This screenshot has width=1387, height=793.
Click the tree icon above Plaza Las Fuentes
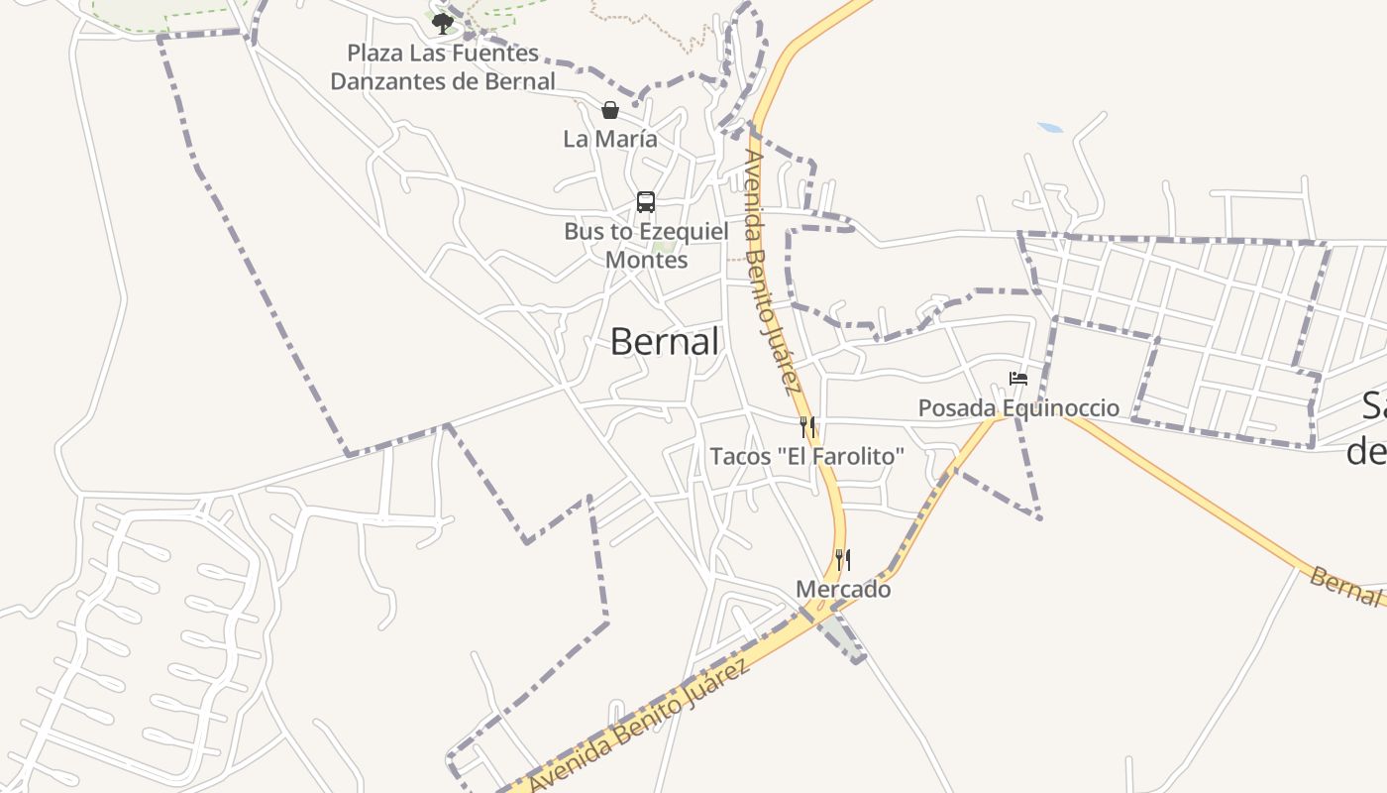pos(442,23)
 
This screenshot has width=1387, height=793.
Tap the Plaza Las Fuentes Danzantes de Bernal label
pos(443,67)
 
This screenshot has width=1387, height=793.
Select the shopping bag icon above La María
pos(610,109)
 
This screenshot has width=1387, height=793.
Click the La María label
pos(610,139)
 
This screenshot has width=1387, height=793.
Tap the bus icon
pos(646,202)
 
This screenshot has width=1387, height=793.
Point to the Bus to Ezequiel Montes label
pos(646,245)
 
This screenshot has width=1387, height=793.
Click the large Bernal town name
pos(664,342)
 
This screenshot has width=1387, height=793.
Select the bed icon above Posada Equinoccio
pos(1017,378)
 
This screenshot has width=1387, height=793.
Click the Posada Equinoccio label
pos(1018,407)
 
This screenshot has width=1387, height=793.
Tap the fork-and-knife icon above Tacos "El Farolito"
pos(807,427)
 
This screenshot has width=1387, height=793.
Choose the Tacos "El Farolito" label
pos(807,456)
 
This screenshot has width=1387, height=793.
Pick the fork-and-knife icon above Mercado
pos(843,560)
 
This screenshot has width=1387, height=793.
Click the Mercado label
pos(843,590)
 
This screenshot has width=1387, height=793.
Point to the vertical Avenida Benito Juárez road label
pos(772,273)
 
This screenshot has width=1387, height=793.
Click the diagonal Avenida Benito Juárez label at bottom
pos(639,727)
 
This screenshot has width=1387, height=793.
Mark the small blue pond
pos(1050,128)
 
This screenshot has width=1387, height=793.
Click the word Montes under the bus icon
pos(646,260)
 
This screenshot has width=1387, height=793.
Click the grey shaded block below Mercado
pos(843,637)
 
